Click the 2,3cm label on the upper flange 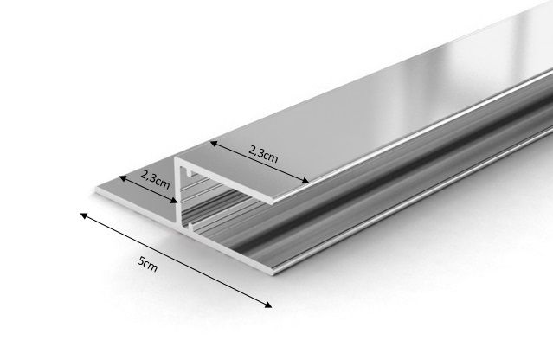tap(262, 154)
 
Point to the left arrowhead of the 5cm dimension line tap(83, 214)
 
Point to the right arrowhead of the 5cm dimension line tap(270, 304)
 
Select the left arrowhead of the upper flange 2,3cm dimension tap(212, 141)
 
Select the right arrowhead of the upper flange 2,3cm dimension tap(306, 181)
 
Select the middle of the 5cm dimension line tap(177, 259)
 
